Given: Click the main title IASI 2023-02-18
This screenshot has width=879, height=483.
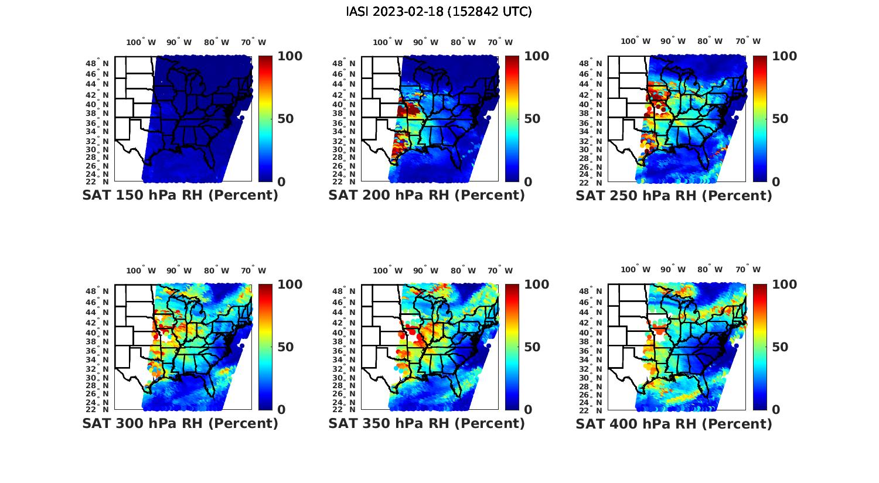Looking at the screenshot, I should (x=439, y=12).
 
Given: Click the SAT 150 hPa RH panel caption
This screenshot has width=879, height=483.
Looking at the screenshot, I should (x=180, y=195).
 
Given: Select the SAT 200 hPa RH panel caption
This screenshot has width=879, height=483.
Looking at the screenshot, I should (x=427, y=195).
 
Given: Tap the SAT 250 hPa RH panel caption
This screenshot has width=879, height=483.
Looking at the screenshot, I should (x=674, y=195).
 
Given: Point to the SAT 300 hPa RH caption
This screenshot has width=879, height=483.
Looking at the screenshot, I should (x=180, y=423).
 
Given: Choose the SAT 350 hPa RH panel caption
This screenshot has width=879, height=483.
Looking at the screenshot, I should (x=427, y=423).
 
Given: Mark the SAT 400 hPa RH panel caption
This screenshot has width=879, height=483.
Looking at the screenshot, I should (x=674, y=423).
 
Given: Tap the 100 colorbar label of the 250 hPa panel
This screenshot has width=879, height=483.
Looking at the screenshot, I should (x=785, y=56).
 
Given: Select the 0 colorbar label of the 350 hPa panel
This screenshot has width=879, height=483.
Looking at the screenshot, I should (x=528, y=409).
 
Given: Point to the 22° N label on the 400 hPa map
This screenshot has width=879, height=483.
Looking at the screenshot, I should (x=597, y=409).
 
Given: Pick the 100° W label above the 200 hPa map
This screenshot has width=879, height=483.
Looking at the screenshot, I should (x=388, y=42).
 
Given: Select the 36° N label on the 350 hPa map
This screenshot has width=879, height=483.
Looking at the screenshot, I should (x=349, y=351).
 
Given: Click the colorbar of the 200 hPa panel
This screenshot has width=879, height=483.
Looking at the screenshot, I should (x=512, y=118).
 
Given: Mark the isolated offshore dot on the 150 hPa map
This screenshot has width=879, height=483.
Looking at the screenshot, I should (x=241, y=118).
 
